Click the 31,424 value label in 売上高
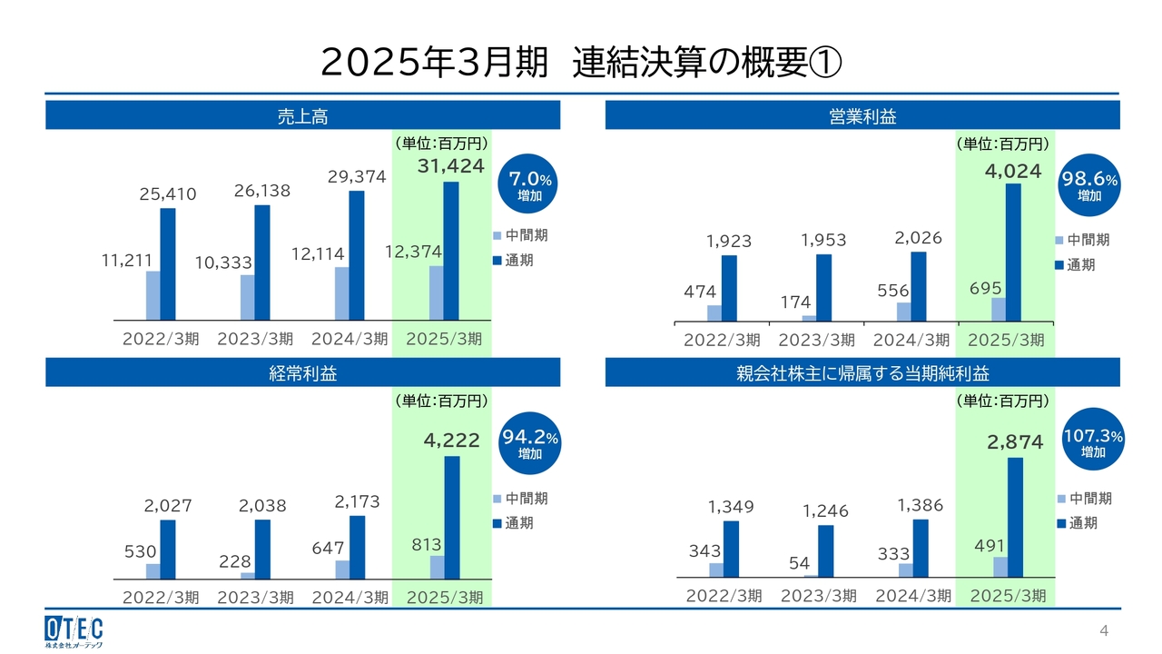coord(451,166)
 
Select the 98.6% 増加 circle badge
coord(1089,185)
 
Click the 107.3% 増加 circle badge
coord(1093,442)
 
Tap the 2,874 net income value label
coord(1016,442)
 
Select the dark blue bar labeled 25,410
coord(168,263)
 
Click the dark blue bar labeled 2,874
coord(1016,517)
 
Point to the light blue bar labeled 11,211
coord(153,295)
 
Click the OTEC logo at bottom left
coord(74,630)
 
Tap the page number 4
coord(1104,631)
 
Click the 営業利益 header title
coord(862,116)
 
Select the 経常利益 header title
coord(302,373)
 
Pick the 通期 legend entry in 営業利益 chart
coord(1079,265)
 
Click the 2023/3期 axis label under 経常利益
coord(255,597)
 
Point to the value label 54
coord(799,563)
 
